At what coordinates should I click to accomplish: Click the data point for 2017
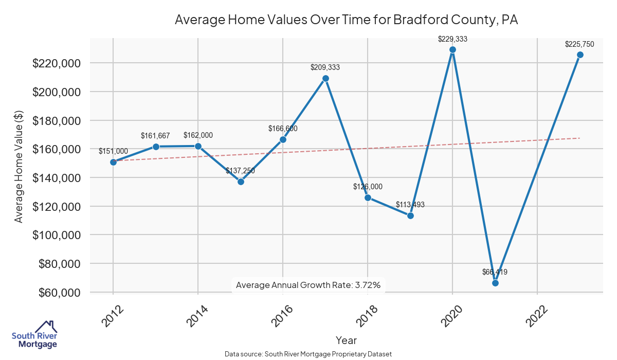(x=325, y=78)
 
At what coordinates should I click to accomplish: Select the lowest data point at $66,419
(x=495, y=283)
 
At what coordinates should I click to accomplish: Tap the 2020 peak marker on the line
(x=452, y=50)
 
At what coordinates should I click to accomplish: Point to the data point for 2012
(x=113, y=162)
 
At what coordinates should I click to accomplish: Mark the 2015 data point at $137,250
(x=241, y=182)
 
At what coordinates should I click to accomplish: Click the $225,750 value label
(x=579, y=44)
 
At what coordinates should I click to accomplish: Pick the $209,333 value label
(x=325, y=67)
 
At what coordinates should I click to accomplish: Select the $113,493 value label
(x=410, y=205)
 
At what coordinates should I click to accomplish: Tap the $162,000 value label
(x=198, y=135)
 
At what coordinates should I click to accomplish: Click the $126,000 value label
(x=368, y=187)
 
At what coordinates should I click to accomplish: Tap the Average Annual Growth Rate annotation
(x=308, y=285)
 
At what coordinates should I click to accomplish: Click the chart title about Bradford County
(x=346, y=20)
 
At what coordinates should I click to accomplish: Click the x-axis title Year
(x=346, y=340)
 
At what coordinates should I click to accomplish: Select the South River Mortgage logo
(x=34, y=335)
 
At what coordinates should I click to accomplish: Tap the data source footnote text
(x=308, y=354)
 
